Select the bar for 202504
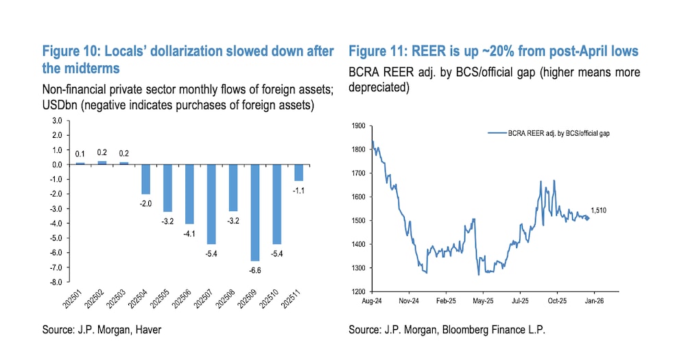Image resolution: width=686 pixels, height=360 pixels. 145,179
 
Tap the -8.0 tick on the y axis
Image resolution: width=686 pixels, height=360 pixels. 55,282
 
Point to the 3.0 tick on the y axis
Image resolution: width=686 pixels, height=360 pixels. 56,121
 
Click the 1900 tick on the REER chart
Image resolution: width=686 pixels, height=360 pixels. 357,125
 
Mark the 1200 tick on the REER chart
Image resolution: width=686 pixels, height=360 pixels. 357,291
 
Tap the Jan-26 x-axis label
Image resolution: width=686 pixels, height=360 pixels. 593,300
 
